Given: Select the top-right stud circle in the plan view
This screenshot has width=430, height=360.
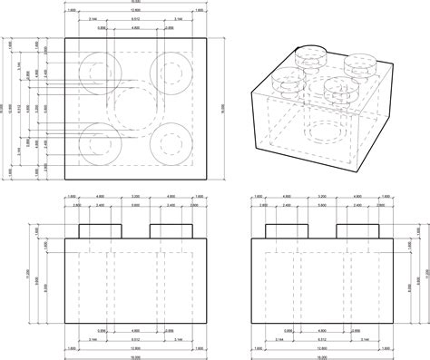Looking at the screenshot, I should pyautogui.click(x=170, y=71).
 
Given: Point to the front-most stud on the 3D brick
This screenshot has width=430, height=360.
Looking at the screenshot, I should pyautogui.click(x=338, y=89).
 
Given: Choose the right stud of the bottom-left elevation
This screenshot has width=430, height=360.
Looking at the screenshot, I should pyautogui.click(x=170, y=229).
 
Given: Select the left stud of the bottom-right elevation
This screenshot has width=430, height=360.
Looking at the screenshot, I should pyautogui.click(x=284, y=229).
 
